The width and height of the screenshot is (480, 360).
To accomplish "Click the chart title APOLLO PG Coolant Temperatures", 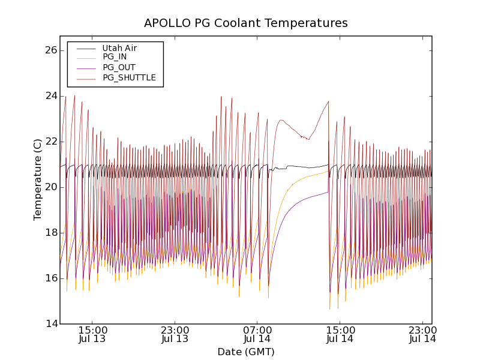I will pyautogui.click(x=245, y=23).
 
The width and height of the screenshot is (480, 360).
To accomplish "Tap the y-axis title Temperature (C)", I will pyautogui.click(x=38, y=179).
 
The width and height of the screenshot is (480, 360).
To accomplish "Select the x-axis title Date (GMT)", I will pyautogui.click(x=245, y=352).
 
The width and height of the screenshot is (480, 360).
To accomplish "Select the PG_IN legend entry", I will pyautogui.click(x=115, y=57).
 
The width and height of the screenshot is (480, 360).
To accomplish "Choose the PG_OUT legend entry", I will pyautogui.click(x=119, y=67).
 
